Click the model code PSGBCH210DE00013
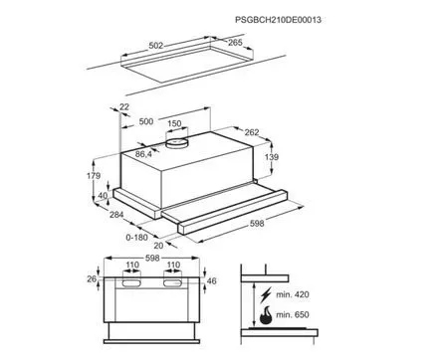pyautogui.click(x=278, y=20)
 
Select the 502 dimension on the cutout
pyautogui.click(x=156, y=46)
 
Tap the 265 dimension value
pyautogui.click(x=235, y=43)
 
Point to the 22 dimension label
pyautogui.click(x=124, y=107)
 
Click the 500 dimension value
pyautogui.click(x=146, y=121)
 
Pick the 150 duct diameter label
pyautogui.click(x=174, y=123)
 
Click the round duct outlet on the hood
pyautogui.click(x=176, y=142)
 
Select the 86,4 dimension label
pyautogui.click(x=143, y=154)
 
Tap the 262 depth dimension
pyautogui.click(x=252, y=132)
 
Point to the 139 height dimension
pyautogui.click(x=272, y=157)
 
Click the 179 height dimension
pyautogui.click(x=94, y=176)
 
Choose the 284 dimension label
pyautogui.click(x=116, y=215)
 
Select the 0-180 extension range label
pyautogui.click(x=137, y=238)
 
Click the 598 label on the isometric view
pyautogui.click(x=257, y=224)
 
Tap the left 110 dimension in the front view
pyautogui.click(x=132, y=266)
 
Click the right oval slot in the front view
pyautogui.click(x=173, y=282)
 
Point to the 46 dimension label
pyautogui.click(x=211, y=281)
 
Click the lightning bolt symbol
pyautogui.click(x=266, y=294)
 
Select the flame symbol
pyautogui.click(x=266, y=315)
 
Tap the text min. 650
pyautogui.click(x=293, y=314)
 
